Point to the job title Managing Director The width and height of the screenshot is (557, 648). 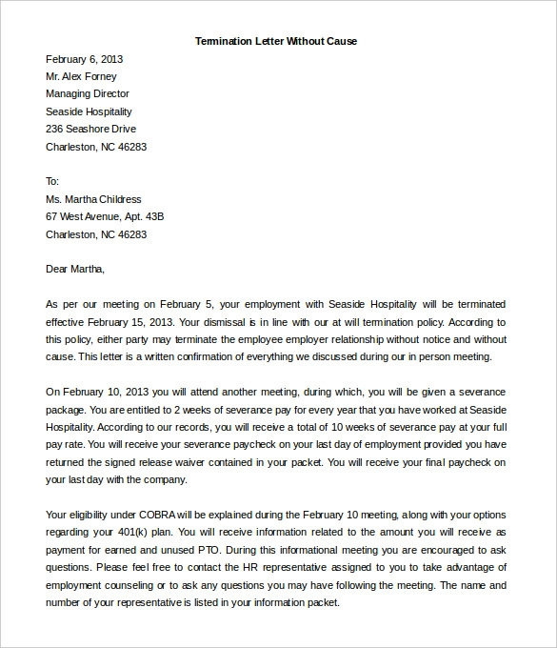88,93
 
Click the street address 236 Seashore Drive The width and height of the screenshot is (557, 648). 90,129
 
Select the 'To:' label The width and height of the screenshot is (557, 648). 52,181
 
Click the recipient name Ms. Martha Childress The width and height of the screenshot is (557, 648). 93,199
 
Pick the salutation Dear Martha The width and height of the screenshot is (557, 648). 75,269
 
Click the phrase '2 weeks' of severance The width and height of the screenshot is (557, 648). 200,409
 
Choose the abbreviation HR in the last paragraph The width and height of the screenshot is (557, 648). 251,567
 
